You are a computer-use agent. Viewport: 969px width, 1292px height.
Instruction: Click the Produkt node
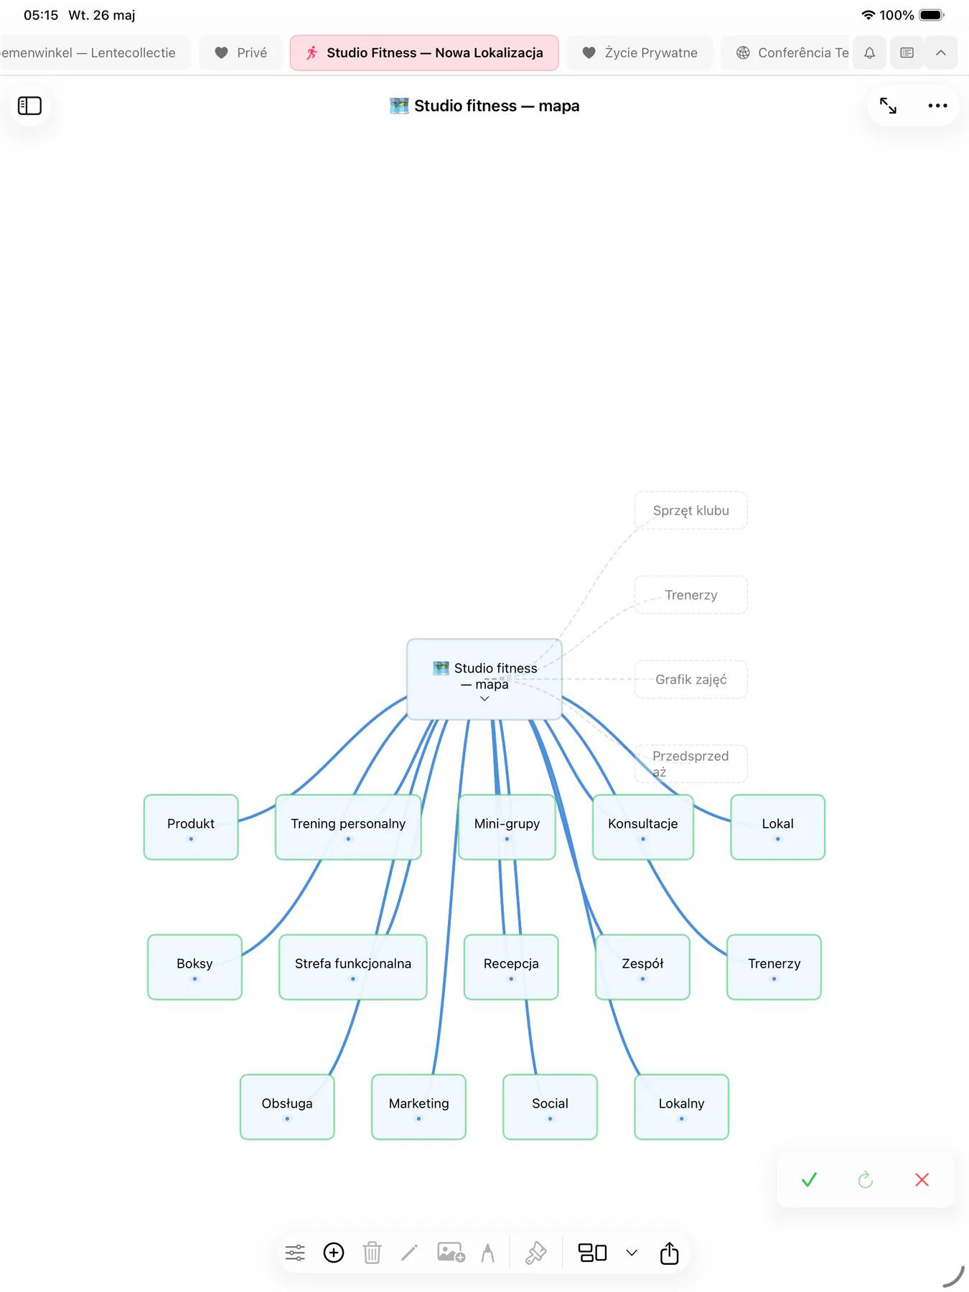pos(191,827)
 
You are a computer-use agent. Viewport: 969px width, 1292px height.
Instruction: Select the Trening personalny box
pos(348,827)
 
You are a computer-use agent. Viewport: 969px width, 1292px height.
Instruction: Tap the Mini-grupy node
pos(507,827)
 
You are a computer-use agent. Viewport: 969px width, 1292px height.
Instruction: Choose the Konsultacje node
pos(643,827)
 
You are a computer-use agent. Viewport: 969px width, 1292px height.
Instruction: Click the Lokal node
pos(777,827)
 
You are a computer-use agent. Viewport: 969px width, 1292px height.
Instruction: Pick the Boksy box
pos(195,967)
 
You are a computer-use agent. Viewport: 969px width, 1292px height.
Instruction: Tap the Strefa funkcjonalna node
pos(353,967)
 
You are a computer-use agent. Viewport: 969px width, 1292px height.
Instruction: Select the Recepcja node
pos(511,967)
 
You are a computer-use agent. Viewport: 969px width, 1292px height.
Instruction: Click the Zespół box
pos(642,967)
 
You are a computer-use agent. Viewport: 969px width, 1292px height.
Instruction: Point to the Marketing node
pos(418,1107)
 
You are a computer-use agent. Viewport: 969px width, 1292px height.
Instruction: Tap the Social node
pos(550,1107)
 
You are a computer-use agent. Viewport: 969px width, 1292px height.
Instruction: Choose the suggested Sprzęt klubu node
pos(691,510)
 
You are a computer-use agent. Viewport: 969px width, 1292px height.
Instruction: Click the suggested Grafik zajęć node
pos(691,679)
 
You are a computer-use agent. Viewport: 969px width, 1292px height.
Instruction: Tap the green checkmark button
pos(809,1179)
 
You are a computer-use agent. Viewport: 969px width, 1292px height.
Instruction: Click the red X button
pos(922,1179)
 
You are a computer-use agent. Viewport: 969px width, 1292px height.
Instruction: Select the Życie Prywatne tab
pos(640,52)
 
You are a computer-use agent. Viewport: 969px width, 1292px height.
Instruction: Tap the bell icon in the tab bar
pos(869,52)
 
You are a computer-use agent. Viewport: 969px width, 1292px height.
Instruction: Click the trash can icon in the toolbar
pos(372,1253)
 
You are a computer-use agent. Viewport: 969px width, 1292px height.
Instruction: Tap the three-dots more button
pos(937,106)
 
